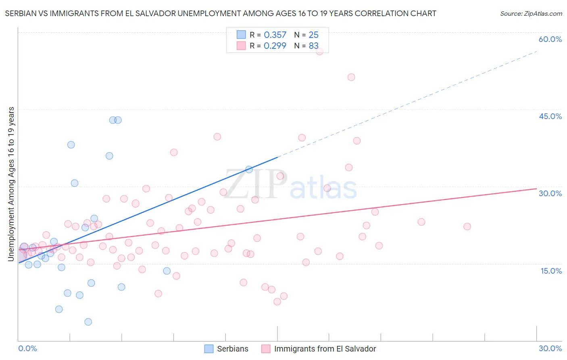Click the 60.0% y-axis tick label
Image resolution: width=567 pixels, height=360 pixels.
550,39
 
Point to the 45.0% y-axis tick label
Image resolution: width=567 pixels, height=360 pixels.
550,116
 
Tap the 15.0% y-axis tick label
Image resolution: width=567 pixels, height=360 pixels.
551,271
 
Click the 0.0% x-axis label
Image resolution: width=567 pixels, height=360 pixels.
27,348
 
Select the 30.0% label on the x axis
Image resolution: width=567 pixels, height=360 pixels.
550,348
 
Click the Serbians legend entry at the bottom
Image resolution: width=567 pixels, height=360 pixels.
232,349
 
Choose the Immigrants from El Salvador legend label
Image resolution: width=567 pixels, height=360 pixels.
325,349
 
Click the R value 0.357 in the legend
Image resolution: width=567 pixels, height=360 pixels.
275,35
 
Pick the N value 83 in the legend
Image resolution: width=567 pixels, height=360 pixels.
313,46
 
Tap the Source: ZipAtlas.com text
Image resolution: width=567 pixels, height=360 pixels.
531,14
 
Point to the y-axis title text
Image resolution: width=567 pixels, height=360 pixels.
11,184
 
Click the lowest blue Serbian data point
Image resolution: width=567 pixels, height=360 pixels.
88,322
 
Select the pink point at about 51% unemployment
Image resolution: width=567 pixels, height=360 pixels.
351,77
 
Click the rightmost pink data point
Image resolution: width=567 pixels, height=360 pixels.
467,226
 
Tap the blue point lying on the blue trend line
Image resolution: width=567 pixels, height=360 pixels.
249,170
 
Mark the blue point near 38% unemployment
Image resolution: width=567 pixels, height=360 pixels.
71,145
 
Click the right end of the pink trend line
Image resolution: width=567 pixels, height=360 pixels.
536,188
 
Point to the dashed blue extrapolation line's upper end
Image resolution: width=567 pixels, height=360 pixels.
536,51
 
